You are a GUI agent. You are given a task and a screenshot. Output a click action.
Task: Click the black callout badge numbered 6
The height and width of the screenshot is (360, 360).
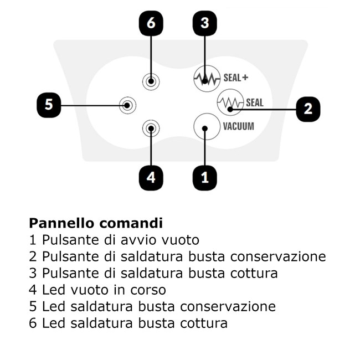151,23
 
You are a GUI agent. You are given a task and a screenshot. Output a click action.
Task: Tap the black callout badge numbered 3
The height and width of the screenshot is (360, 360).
204,23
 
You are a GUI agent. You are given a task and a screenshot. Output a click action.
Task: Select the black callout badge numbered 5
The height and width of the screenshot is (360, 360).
49,105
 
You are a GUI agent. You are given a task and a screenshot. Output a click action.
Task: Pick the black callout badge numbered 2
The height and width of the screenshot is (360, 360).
308,109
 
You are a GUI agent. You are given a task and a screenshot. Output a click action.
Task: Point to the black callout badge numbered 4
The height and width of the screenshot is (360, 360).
151,178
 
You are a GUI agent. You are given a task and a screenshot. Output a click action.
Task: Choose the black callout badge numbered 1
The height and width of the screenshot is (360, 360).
204,178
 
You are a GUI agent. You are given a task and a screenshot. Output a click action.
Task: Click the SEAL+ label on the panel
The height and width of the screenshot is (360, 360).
236,78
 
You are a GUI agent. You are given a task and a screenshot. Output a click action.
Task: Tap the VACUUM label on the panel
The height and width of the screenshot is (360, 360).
239,126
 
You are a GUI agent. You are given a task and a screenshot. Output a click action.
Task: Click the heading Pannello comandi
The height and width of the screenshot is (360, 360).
96,223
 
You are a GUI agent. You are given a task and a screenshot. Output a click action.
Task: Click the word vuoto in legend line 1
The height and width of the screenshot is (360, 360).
180,240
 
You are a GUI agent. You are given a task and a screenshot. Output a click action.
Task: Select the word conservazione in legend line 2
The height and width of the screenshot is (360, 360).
278,256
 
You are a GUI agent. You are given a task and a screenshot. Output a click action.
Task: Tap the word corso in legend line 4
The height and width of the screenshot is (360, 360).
148,290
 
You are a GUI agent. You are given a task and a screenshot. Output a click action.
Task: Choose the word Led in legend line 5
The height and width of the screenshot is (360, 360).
54,306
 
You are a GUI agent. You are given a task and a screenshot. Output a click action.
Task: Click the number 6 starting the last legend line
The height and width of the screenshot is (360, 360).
33,323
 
